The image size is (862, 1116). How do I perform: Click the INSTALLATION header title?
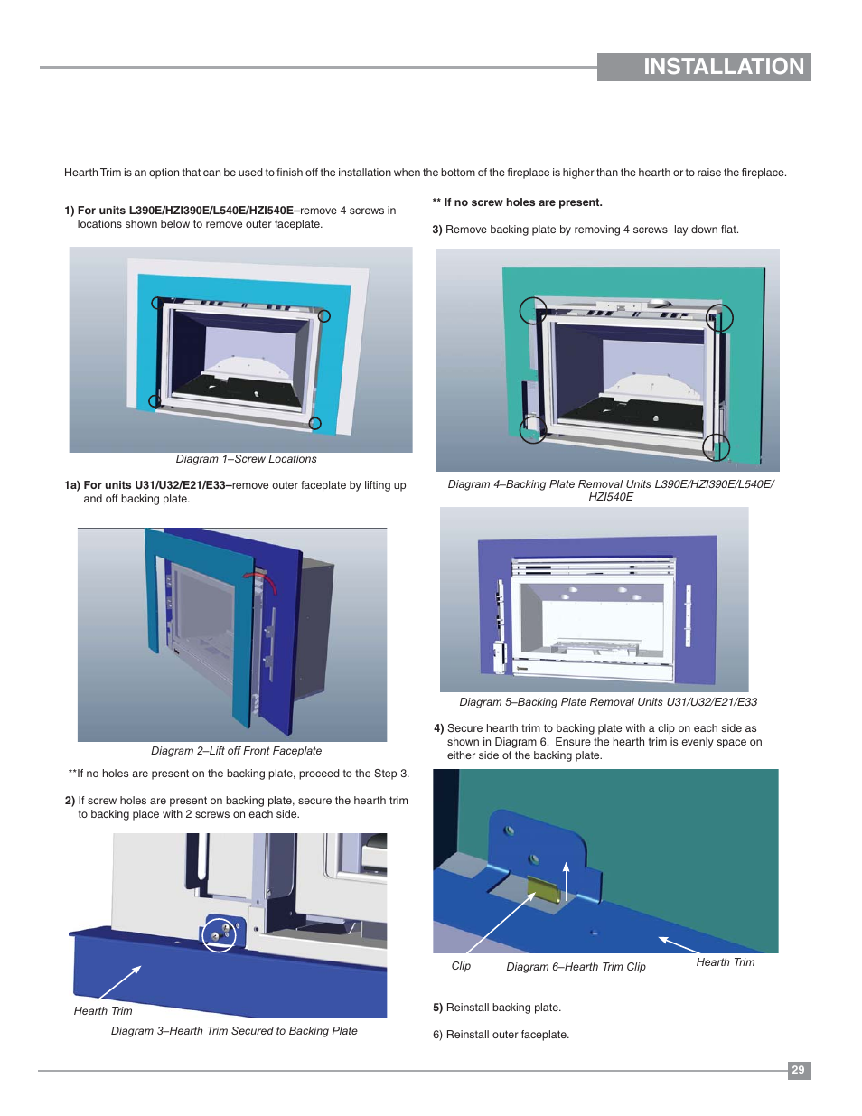click(x=724, y=67)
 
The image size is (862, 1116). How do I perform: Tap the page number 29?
click(x=799, y=1070)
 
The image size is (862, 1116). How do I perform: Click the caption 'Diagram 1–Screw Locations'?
click(x=246, y=459)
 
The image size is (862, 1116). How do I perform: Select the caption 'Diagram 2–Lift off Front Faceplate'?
click(x=236, y=751)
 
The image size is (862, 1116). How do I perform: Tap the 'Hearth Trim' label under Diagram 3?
click(x=103, y=1010)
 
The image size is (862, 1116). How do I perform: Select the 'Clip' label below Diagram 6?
click(x=461, y=965)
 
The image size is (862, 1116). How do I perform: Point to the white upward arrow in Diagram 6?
click(x=566, y=881)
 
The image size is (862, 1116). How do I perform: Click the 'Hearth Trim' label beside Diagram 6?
click(x=726, y=961)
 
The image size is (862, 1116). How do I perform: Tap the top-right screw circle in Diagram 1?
click(x=324, y=316)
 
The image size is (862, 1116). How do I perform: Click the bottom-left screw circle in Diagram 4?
click(x=533, y=429)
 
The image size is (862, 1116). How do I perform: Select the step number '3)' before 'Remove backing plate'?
click(x=437, y=230)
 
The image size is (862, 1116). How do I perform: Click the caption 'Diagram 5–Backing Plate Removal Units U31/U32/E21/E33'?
click(x=608, y=702)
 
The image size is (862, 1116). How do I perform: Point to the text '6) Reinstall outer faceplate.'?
click(x=501, y=1035)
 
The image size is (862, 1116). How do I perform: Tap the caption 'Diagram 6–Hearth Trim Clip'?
click(x=576, y=967)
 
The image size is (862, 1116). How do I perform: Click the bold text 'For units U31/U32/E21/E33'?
click(x=155, y=485)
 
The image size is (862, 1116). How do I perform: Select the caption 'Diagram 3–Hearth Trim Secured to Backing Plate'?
click(x=234, y=1031)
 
